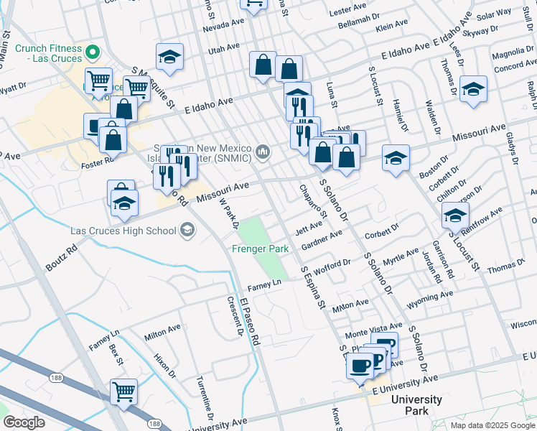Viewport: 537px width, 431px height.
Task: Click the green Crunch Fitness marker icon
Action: (x=92, y=52)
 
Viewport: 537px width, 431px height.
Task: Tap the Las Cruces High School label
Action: (x=123, y=231)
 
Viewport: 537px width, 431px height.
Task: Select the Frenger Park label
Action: (x=260, y=249)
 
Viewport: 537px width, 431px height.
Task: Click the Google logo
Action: (x=23, y=422)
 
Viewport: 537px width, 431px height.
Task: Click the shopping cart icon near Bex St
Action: (x=124, y=393)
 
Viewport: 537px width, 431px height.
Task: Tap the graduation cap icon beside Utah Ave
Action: (x=170, y=57)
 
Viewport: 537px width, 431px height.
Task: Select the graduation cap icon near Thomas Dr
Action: (x=473, y=89)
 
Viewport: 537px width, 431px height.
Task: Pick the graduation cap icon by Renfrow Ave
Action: (x=455, y=215)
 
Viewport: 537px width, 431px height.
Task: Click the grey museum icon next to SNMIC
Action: (x=263, y=151)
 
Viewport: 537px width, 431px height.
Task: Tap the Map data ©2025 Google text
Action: (x=492, y=425)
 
